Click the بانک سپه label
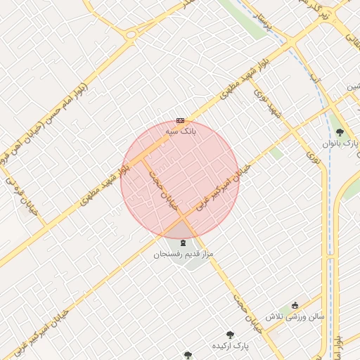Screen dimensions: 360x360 [181, 131]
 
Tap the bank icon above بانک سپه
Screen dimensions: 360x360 [181, 120]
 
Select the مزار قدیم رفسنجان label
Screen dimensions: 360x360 [184, 253]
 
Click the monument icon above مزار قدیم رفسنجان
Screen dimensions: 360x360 [184, 243]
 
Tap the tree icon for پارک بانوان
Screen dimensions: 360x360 [340, 132]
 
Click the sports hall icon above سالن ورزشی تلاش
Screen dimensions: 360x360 [296, 304]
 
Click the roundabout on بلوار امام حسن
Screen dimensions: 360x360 [131, 34]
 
